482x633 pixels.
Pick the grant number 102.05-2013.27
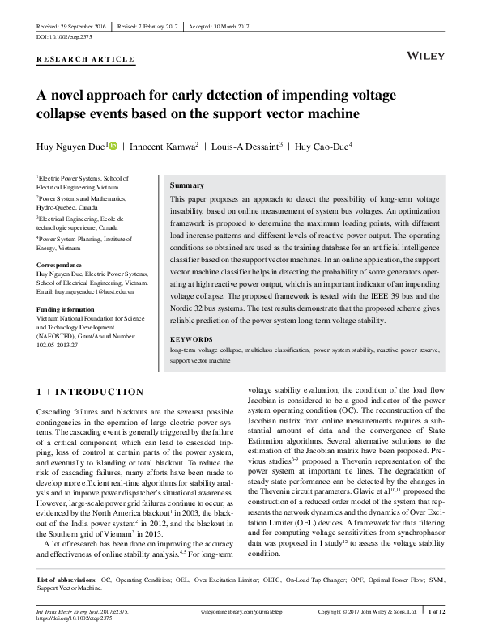pyautogui.click(x=62, y=345)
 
